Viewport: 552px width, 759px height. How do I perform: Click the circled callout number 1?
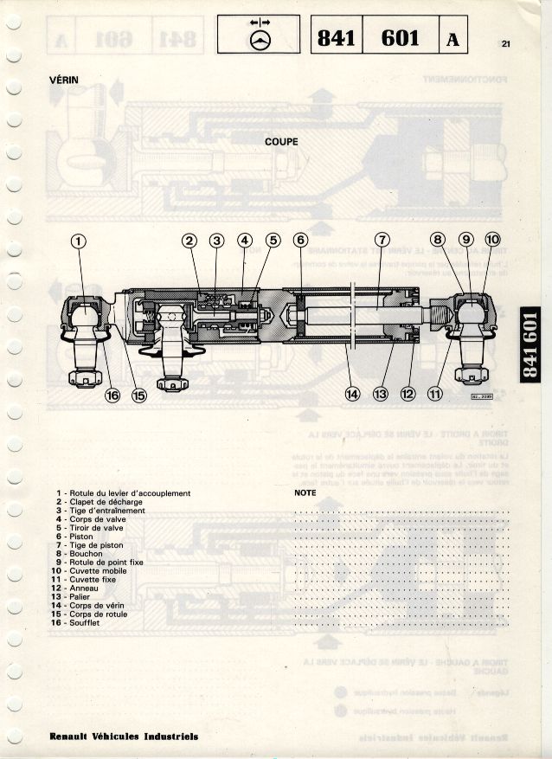(79, 241)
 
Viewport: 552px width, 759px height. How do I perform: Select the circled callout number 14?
(352, 394)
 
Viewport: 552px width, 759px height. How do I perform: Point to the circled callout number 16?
(112, 395)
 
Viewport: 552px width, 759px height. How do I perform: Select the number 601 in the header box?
(400, 37)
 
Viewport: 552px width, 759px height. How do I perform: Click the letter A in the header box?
(454, 38)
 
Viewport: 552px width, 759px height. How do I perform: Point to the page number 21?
(506, 44)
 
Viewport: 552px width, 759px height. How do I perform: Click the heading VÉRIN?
(64, 80)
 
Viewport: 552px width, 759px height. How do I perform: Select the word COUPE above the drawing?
(281, 141)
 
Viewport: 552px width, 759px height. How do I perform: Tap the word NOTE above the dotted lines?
(305, 492)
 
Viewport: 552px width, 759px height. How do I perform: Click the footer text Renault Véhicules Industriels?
(123, 736)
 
